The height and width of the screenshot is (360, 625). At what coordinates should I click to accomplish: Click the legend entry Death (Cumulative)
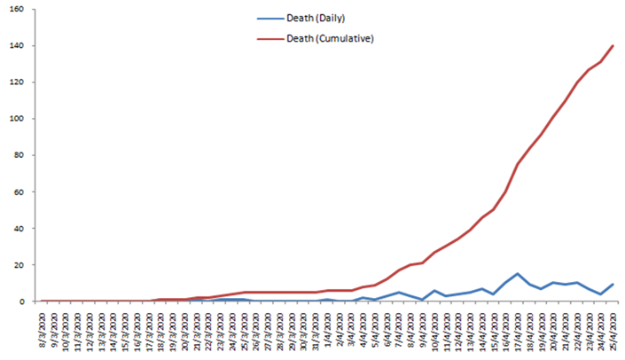tap(330, 38)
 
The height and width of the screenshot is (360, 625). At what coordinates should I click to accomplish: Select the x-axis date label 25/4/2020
tap(612, 327)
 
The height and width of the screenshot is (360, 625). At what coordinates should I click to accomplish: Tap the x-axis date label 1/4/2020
tap(328, 327)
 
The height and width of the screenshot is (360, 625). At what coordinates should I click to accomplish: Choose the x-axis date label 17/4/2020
tap(517, 327)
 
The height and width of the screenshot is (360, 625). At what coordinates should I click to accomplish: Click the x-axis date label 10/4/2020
tap(434, 327)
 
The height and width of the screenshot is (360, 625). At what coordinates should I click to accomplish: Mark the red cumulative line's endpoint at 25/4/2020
tap(612, 46)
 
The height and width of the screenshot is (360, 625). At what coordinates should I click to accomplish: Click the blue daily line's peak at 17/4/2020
tap(517, 274)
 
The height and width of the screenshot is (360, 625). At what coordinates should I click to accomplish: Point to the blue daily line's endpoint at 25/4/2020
tap(612, 285)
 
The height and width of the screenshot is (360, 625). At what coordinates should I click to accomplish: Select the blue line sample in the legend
tap(266, 18)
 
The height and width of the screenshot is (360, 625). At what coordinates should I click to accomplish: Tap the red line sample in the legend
tap(266, 38)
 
